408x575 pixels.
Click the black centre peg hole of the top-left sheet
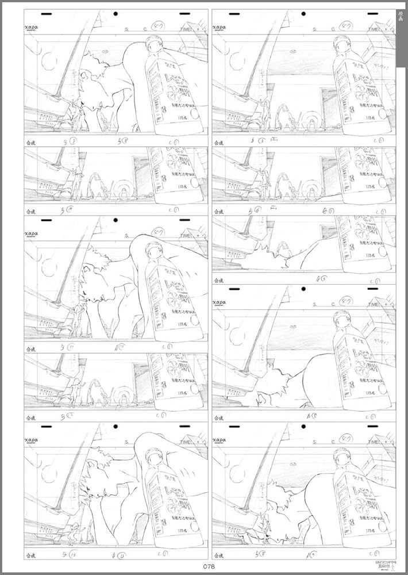click(116, 14)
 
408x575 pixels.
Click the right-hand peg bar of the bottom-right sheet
click(372, 428)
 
